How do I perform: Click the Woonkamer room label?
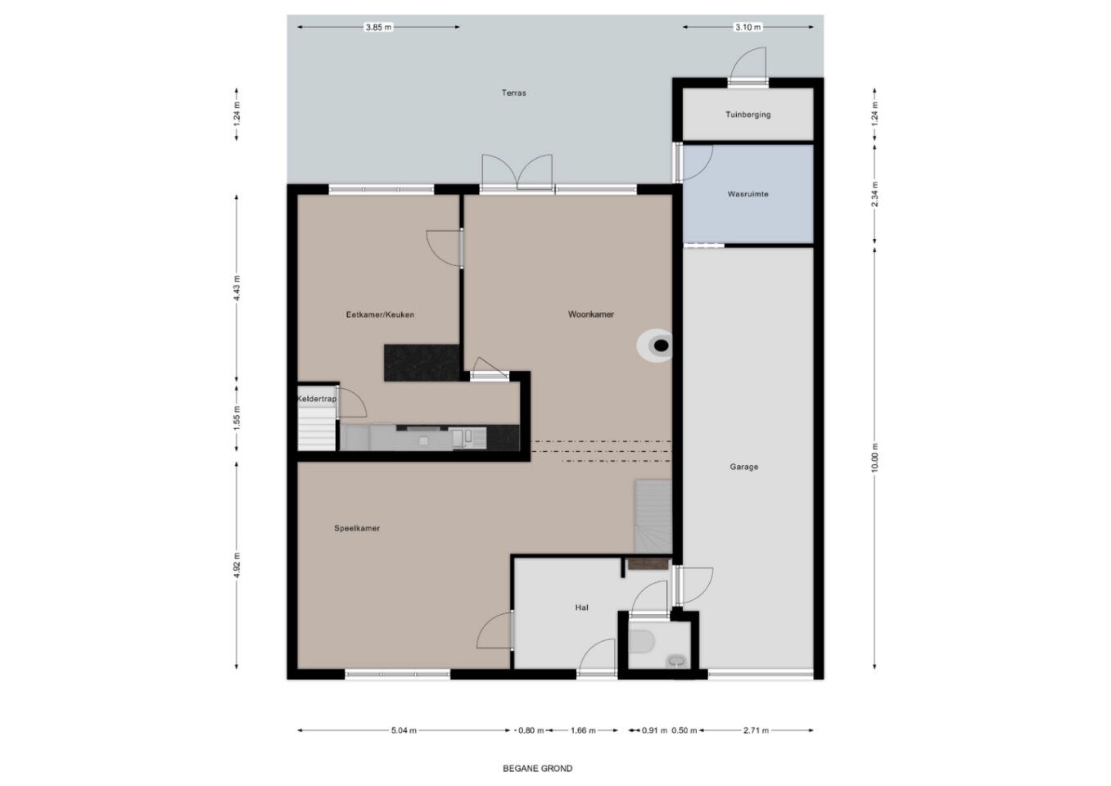pos(590,314)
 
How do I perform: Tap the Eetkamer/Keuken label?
pos(380,314)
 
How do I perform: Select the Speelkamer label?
pos(356,529)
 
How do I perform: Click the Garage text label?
pos(743,468)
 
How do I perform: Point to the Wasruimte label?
pos(747,195)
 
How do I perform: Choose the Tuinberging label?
pos(747,115)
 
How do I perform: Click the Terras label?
pos(513,93)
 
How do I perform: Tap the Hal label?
pos(581,608)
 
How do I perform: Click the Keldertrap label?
pos(316,399)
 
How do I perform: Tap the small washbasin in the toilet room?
pos(676,660)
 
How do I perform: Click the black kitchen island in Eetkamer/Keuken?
pos(422,363)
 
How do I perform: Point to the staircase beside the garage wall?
pos(653,517)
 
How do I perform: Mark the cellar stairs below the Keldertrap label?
pos(317,429)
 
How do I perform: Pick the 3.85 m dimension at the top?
pos(377,27)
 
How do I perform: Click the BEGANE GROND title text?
pos(537,769)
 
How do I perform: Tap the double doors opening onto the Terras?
pos(517,174)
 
